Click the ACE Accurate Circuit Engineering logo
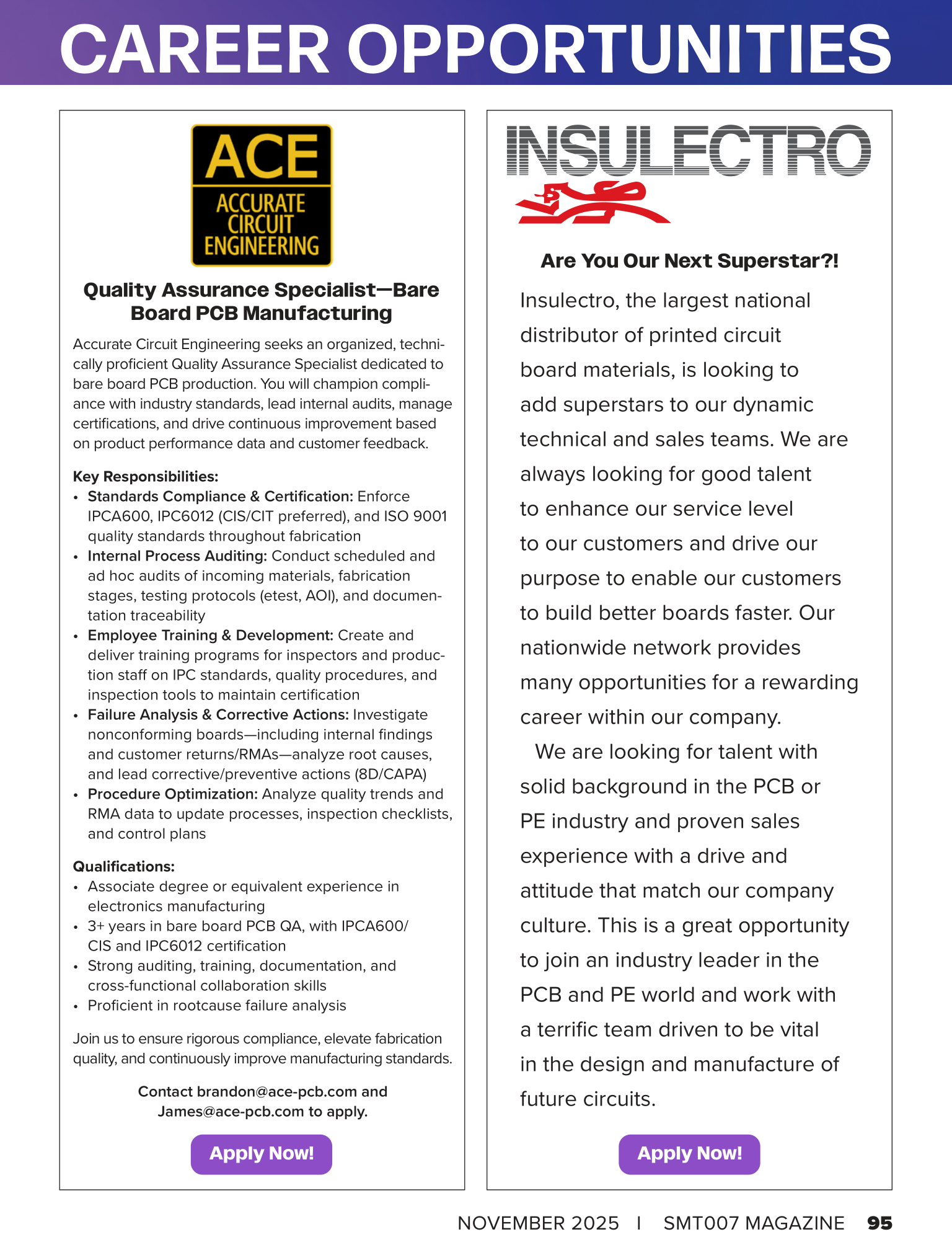point(262,195)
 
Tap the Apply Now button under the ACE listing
point(262,1154)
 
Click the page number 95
point(879,1223)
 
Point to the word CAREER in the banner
point(195,50)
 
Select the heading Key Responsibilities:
point(146,476)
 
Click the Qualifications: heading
point(124,866)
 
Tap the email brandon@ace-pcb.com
point(277,1091)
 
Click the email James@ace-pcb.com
point(231,1111)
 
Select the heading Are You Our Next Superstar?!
point(689,260)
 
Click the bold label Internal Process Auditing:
point(177,556)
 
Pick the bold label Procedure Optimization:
point(172,794)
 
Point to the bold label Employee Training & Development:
point(211,635)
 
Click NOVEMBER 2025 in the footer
point(538,1223)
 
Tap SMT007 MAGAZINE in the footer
point(754,1223)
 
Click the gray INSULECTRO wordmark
point(689,150)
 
